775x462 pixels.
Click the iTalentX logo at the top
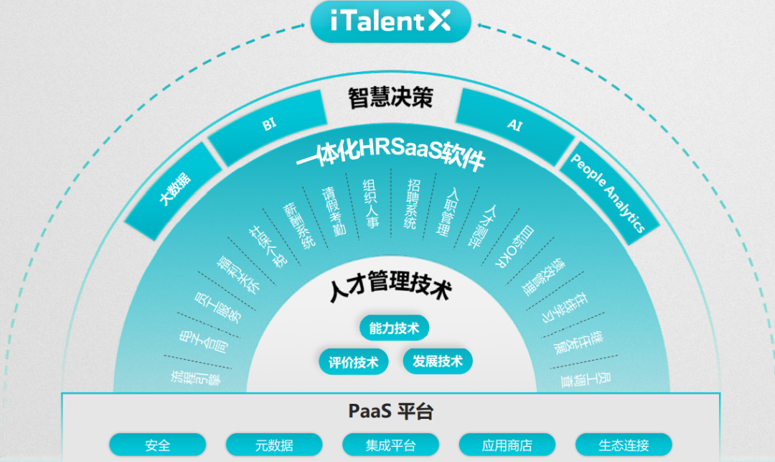(x=390, y=21)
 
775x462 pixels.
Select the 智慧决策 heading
(x=390, y=98)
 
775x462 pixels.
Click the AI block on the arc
(x=514, y=125)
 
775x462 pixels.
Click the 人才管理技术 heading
(x=390, y=291)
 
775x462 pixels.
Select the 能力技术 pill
(x=394, y=328)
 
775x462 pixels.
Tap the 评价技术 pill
(x=353, y=361)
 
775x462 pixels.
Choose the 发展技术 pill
(x=438, y=361)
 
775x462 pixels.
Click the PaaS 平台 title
(x=390, y=412)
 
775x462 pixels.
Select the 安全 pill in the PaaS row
(x=157, y=445)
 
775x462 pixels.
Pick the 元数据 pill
(x=274, y=445)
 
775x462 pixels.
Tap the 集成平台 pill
(x=390, y=445)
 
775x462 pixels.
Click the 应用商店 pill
(x=507, y=445)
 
